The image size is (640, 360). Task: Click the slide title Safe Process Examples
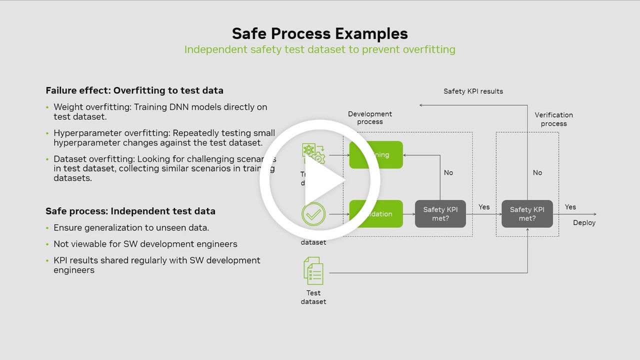[x=320, y=33]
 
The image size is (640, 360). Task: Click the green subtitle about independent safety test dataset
[x=320, y=49]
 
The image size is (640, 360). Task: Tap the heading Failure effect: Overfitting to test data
[x=134, y=90]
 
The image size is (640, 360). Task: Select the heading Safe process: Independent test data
[x=130, y=211]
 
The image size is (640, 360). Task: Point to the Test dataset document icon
[x=313, y=270]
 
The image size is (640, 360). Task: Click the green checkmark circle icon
[x=313, y=214]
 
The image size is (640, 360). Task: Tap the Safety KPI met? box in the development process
[x=440, y=214]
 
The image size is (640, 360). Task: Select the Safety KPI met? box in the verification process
[x=527, y=214]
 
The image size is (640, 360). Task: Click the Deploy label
[x=584, y=223]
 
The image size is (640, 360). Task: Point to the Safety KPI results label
[x=473, y=91]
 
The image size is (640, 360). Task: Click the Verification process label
[x=553, y=119]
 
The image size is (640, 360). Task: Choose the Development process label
[x=370, y=118]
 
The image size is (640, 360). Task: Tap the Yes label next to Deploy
[x=570, y=207]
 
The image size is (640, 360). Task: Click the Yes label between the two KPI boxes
[x=484, y=207]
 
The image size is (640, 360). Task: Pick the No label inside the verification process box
[x=537, y=172]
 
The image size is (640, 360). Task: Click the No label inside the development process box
[x=448, y=172]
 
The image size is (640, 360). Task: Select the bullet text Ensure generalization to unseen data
[x=131, y=228]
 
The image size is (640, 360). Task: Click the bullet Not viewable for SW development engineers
[x=145, y=244]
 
